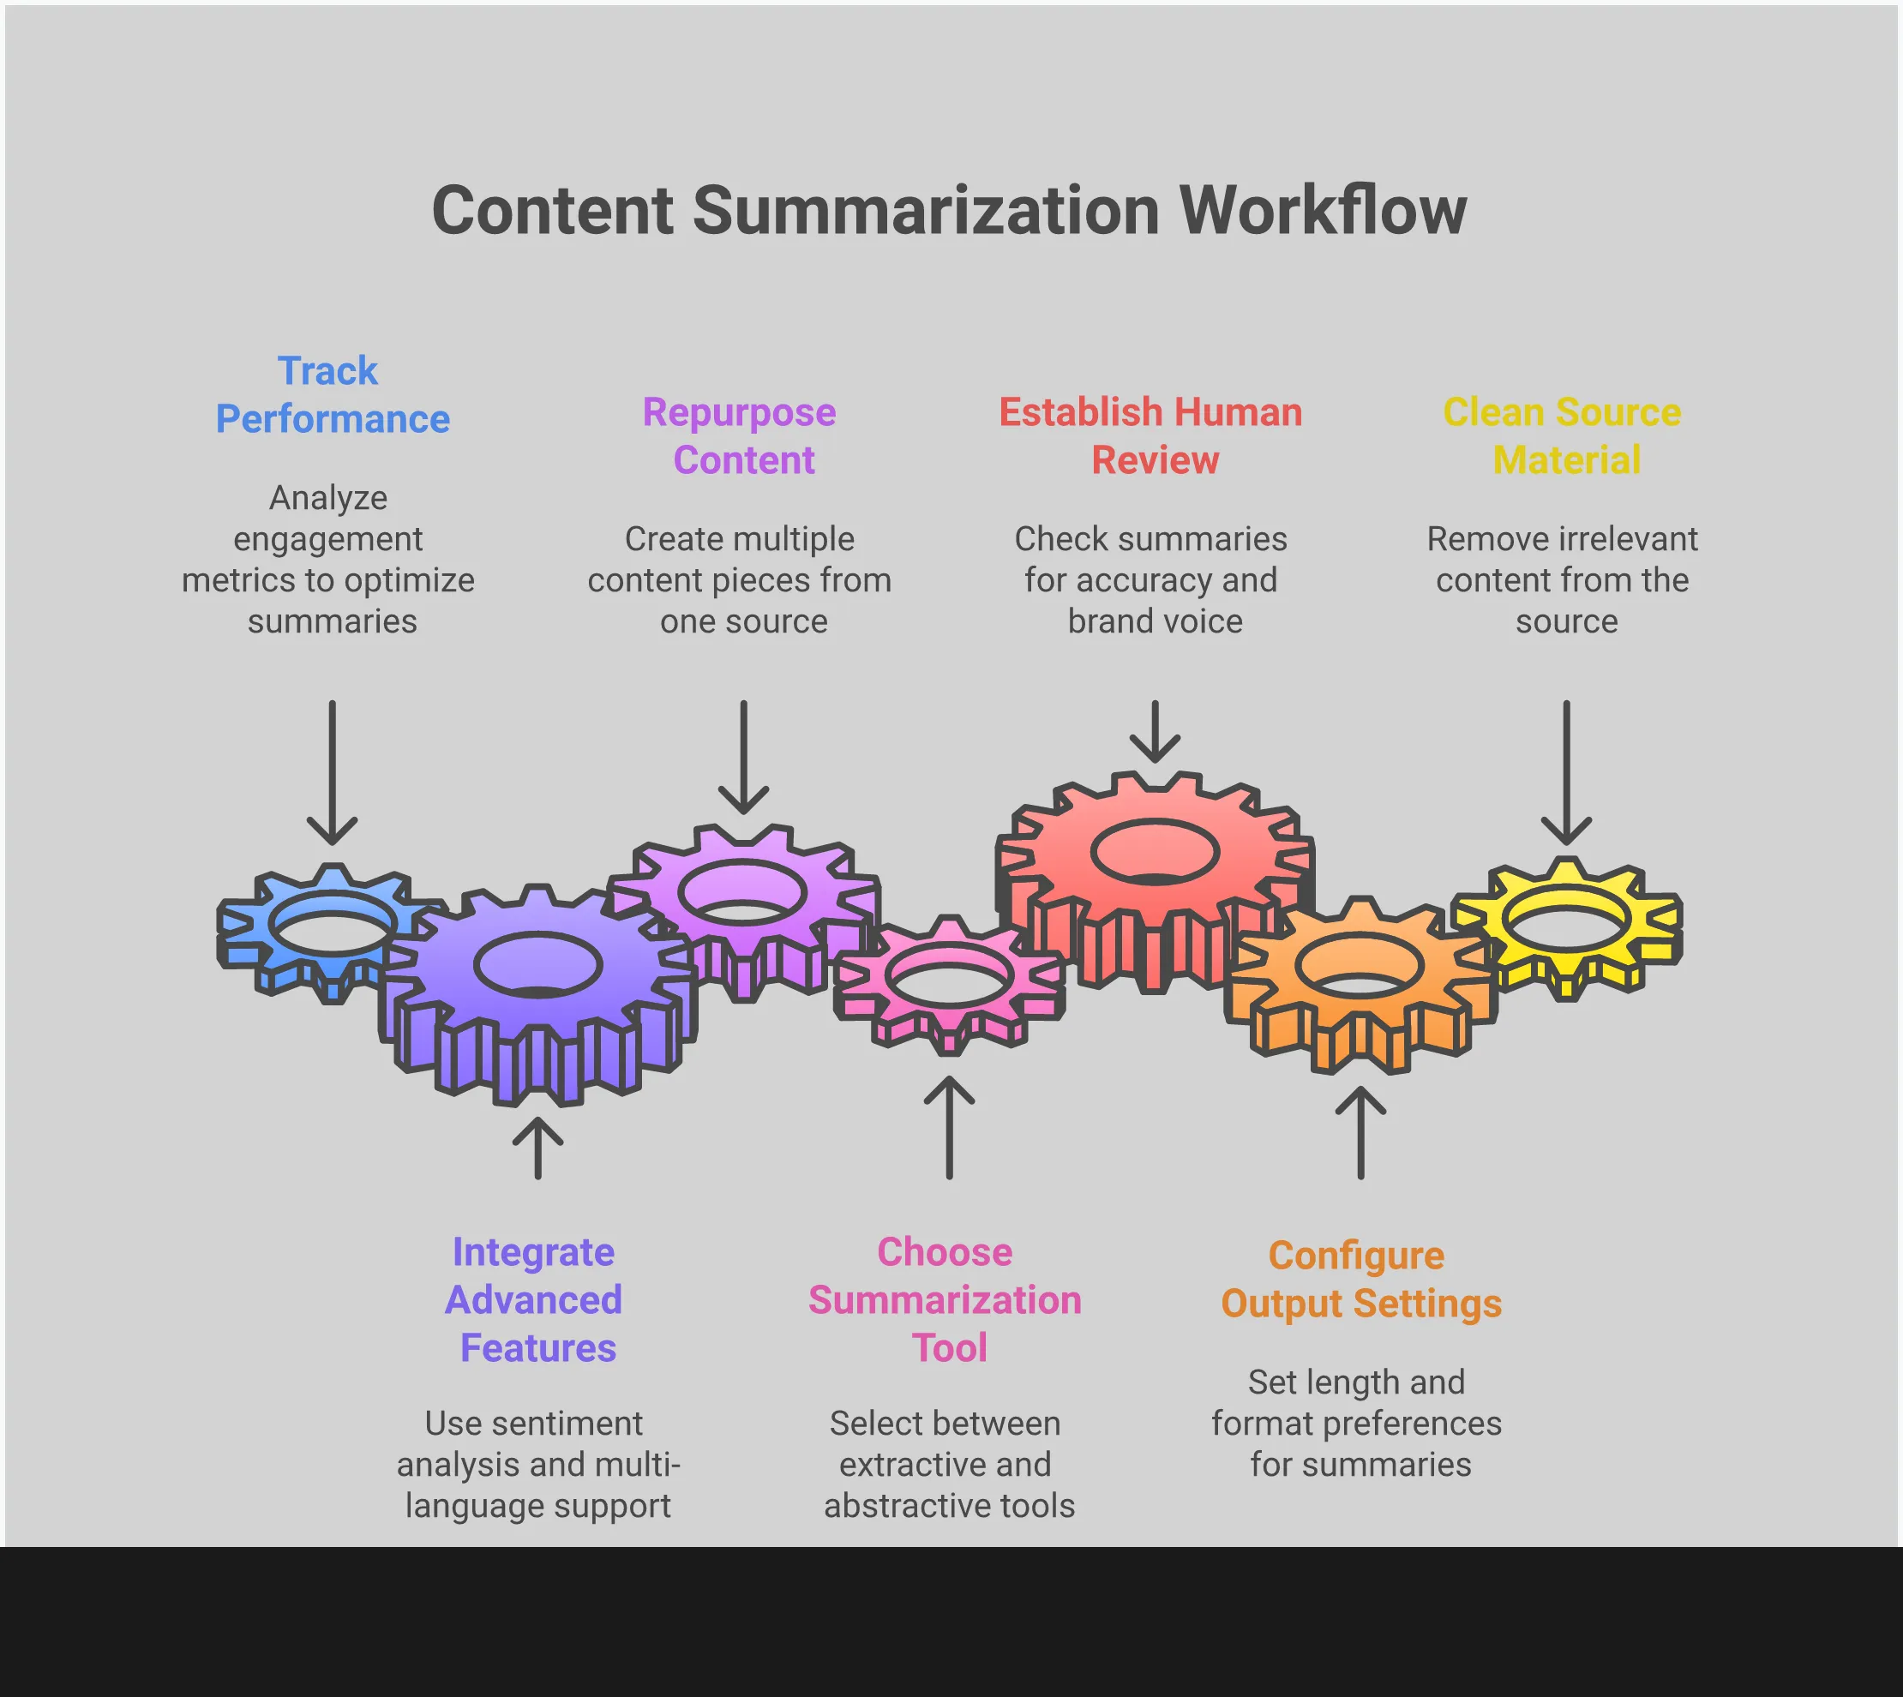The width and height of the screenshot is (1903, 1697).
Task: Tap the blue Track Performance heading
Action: click(332, 395)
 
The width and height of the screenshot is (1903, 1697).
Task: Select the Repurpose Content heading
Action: click(741, 436)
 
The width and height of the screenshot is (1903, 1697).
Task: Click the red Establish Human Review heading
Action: click(1151, 436)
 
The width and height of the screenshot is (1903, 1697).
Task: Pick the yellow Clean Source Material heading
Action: click(1564, 436)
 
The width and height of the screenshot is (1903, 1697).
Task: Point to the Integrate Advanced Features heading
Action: click(534, 1300)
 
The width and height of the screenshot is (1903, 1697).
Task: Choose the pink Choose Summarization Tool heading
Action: click(945, 1300)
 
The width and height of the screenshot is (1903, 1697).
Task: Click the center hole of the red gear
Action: click(1155, 852)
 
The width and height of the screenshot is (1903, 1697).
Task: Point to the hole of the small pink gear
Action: click(949, 976)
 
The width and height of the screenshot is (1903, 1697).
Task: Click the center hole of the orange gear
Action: click(1360, 969)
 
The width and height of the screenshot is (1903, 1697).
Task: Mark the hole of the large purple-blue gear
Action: click(538, 964)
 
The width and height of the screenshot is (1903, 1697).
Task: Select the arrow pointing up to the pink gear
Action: click(949, 1127)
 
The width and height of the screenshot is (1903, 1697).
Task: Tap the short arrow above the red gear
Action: click(1155, 732)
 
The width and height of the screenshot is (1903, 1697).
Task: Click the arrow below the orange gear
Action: click(1360, 1132)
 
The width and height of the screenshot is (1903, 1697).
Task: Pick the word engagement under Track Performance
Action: click(328, 540)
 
